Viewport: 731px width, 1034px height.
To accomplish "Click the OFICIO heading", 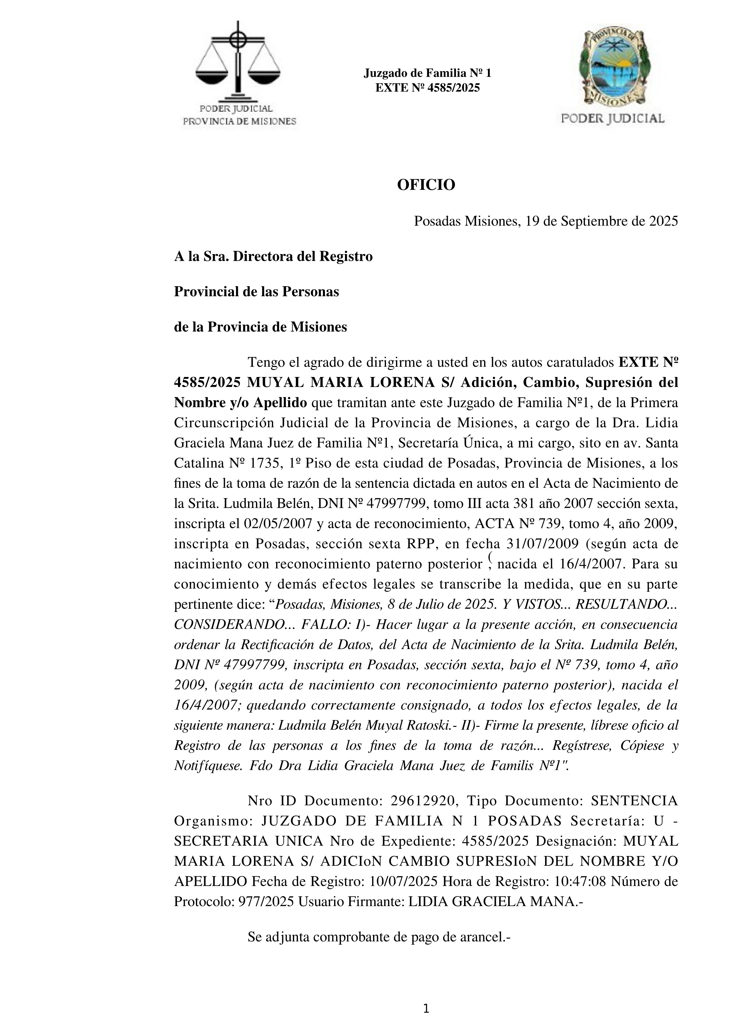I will point(426,185).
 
